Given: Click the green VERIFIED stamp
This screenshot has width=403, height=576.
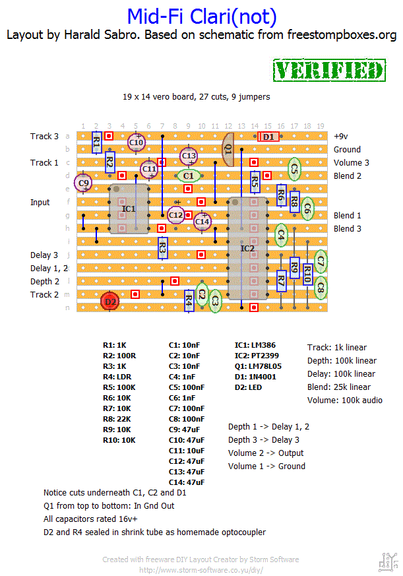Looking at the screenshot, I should pyautogui.click(x=329, y=71).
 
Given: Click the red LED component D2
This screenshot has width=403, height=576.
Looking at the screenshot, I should pyautogui.click(x=109, y=302).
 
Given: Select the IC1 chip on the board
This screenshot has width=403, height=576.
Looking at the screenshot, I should pyautogui.click(x=129, y=208).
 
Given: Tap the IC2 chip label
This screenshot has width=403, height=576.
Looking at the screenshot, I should pyautogui.click(x=247, y=248).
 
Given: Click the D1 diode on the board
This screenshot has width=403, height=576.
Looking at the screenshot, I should pyautogui.click(x=268, y=137).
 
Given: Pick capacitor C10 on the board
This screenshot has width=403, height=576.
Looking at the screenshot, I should pyautogui.click(x=136, y=142).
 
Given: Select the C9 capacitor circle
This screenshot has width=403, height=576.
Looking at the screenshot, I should pyautogui.click(x=83, y=182).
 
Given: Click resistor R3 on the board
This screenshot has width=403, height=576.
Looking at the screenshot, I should pyautogui.click(x=162, y=248).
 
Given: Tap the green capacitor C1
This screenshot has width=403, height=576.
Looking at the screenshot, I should pyautogui.click(x=189, y=176).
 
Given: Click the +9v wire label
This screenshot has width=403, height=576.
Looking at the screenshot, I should pyautogui.click(x=340, y=136).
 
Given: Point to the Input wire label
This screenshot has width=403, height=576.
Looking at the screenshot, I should pyautogui.click(x=40, y=202).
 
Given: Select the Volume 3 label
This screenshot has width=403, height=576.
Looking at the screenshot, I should pyautogui.click(x=351, y=162).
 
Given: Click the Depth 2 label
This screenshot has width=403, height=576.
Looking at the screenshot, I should pyautogui.click(x=44, y=281).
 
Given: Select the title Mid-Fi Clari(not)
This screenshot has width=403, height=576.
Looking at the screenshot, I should pyautogui.click(x=201, y=16).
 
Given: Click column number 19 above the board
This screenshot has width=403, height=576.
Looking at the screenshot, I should pyautogui.click(x=321, y=125).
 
